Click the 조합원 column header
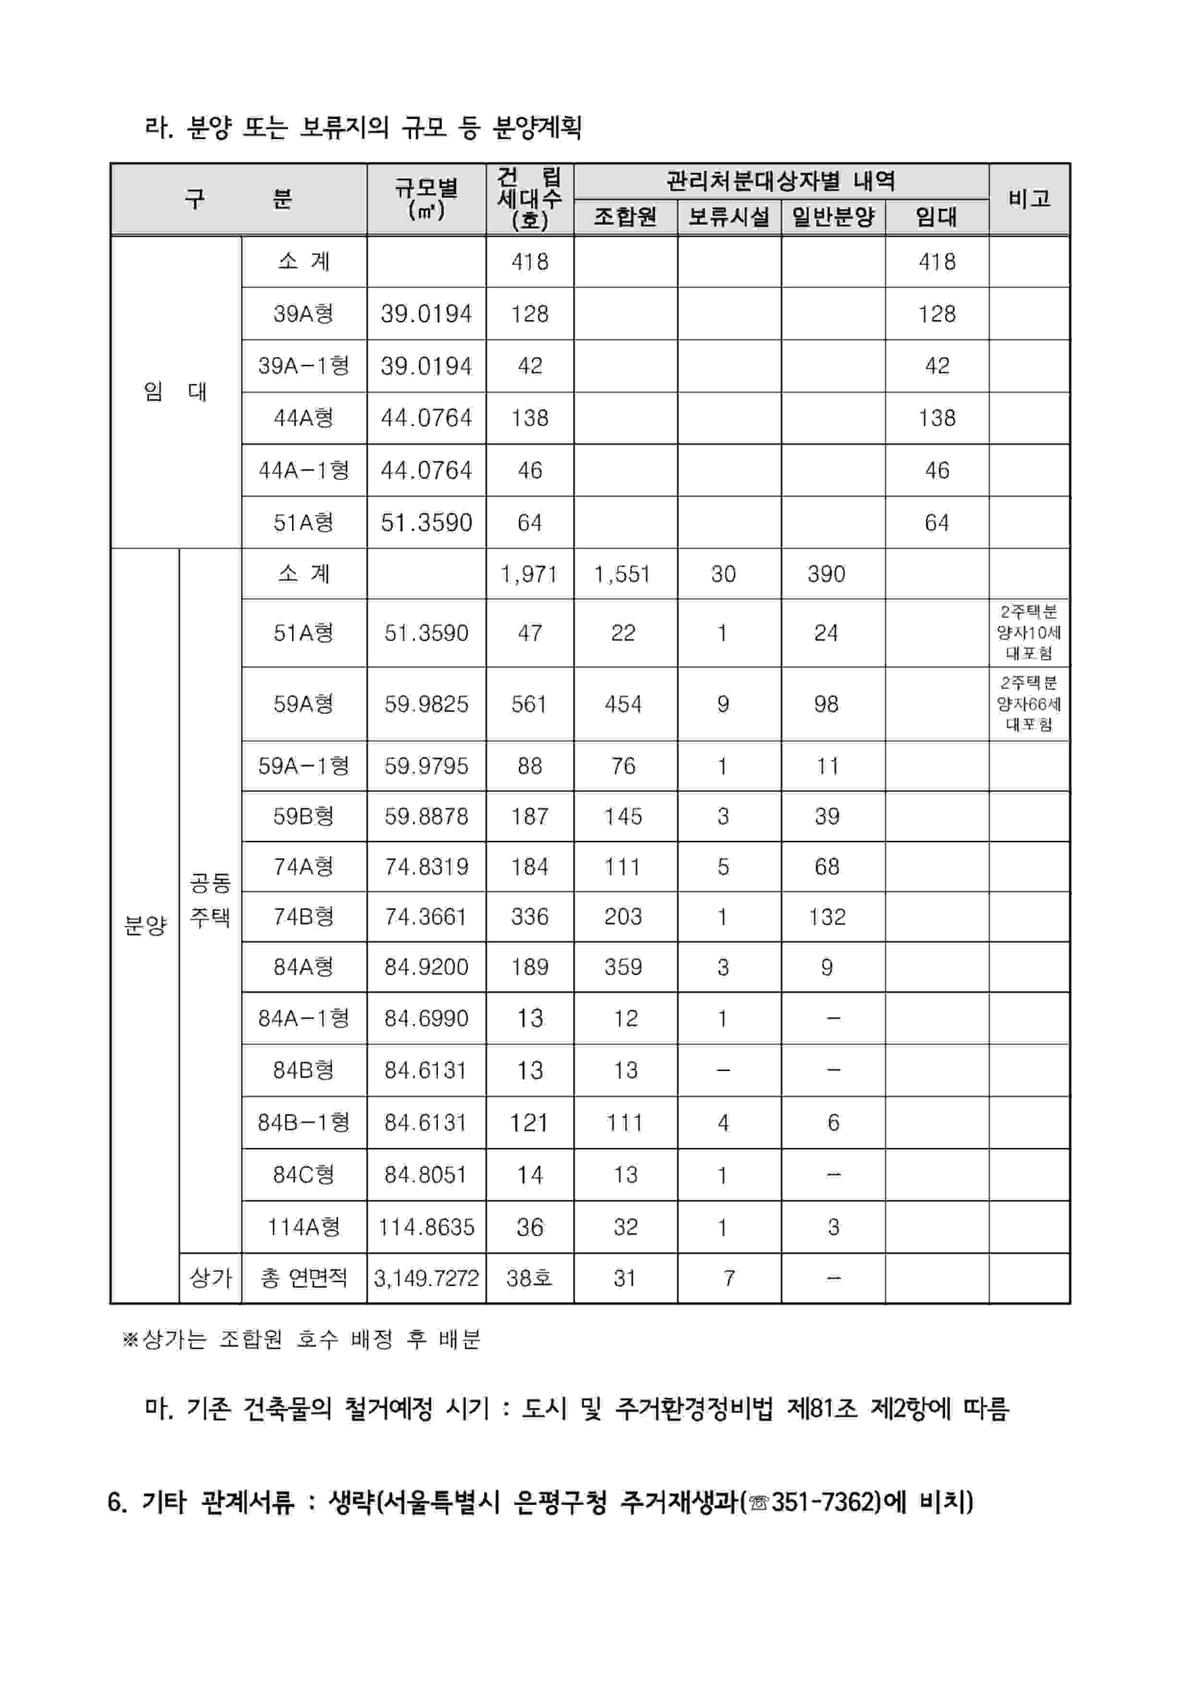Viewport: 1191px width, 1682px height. (x=625, y=217)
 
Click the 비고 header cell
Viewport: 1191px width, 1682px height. (x=1029, y=199)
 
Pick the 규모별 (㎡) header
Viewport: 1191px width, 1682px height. (x=426, y=199)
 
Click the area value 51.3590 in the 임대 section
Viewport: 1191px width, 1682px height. (x=426, y=523)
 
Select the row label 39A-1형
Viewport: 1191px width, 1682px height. (x=304, y=366)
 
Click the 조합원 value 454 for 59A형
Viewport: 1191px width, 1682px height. (x=623, y=704)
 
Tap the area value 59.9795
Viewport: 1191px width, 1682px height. (x=426, y=766)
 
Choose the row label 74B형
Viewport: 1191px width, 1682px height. (x=304, y=917)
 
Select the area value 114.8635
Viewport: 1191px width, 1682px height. (x=426, y=1227)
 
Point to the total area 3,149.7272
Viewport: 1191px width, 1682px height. (x=426, y=1278)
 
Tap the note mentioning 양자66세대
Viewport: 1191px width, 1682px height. (x=1029, y=704)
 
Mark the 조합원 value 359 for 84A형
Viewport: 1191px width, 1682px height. (x=623, y=967)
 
